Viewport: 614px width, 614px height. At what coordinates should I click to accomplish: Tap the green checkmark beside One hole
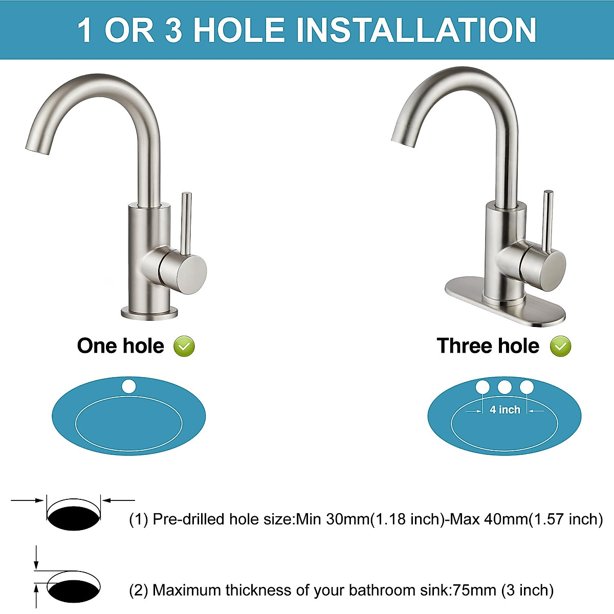184,346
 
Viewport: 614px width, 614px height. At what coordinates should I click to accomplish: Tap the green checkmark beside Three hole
560,346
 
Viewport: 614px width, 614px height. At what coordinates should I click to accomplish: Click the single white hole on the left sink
129,386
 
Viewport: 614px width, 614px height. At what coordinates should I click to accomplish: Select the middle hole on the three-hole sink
505,387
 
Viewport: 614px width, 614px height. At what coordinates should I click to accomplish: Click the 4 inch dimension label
505,410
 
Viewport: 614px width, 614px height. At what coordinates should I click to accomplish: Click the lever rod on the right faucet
548,220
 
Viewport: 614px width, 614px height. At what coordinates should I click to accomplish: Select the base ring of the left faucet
149,311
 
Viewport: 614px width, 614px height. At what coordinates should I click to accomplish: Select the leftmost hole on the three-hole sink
483,387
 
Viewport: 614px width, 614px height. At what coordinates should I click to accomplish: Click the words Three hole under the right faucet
488,346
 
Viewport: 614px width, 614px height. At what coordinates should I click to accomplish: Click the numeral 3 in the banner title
173,30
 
